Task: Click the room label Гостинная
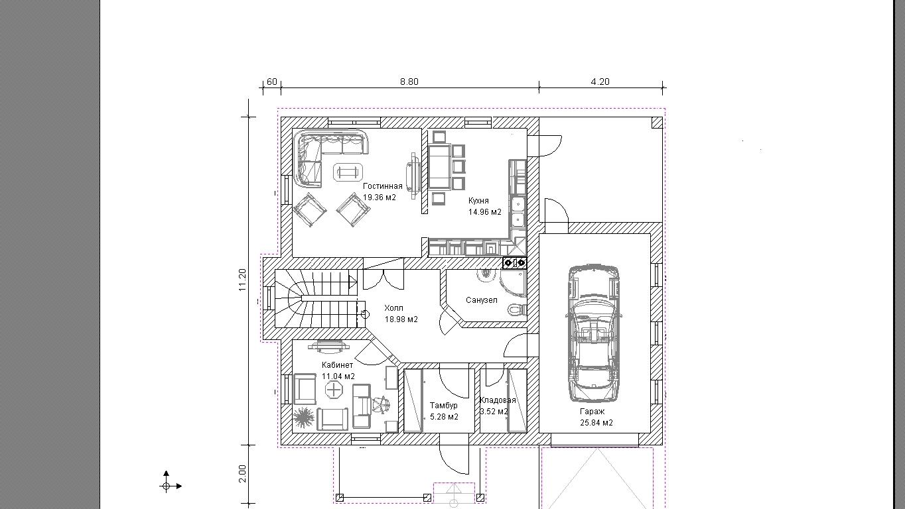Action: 382,186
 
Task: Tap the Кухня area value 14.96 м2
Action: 484,212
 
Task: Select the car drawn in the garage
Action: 594,333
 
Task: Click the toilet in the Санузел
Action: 517,310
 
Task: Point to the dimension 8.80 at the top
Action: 409,82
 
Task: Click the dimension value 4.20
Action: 600,82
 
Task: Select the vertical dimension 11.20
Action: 242,280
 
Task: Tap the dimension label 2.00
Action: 242,473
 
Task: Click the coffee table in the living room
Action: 348,172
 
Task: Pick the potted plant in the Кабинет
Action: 303,417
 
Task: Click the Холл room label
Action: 393,308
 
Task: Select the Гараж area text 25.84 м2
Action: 596,423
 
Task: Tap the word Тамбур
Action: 444,405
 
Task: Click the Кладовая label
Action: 498,400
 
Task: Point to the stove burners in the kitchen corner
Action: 515,262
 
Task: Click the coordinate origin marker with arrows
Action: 167,486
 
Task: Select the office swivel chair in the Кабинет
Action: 382,404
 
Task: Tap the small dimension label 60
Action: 272,82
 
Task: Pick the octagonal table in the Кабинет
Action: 334,390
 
